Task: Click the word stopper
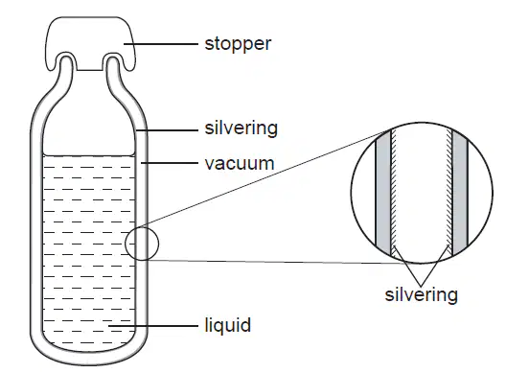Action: tap(238, 44)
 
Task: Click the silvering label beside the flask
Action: tap(241, 128)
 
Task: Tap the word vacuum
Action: tap(240, 163)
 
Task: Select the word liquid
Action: tap(227, 325)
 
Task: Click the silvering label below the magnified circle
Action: tap(421, 294)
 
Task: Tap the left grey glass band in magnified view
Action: tap(383, 194)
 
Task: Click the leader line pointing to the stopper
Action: tap(160, 43)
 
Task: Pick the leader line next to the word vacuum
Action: tap(169, 163)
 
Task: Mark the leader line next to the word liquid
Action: tap(153, 326)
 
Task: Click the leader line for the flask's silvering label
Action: tap(167, 130)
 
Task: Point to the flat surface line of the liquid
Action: tap(89, 156)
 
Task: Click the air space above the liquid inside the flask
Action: tap(89, 129)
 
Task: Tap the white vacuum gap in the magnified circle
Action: tap(421, 194)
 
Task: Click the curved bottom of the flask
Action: tap(89, 359)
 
